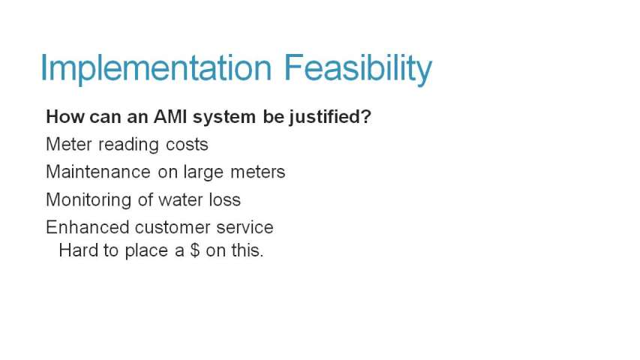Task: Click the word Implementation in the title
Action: click(156, 68)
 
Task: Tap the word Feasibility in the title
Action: click(358, 68)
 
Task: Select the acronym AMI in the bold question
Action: click(170, 117)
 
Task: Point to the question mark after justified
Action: click(365, 117)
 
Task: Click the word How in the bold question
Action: click(65, 117)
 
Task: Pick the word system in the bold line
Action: click(224, 118)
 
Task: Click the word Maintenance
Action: click(98, 172)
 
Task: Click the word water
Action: click(180, 200)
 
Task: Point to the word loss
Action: click(225, 199)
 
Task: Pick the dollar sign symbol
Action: click(194, 250)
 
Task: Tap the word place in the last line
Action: click(146, 251)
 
